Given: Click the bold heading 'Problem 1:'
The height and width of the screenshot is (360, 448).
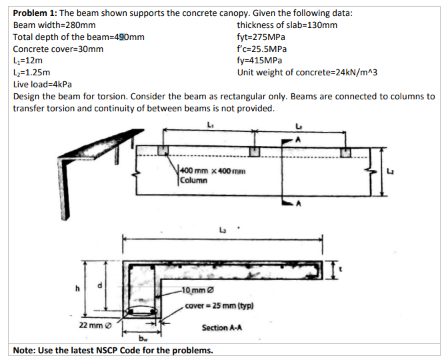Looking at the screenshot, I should (x=35, y=13).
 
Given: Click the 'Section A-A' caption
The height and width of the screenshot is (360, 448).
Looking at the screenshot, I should (x=222, y=327).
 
